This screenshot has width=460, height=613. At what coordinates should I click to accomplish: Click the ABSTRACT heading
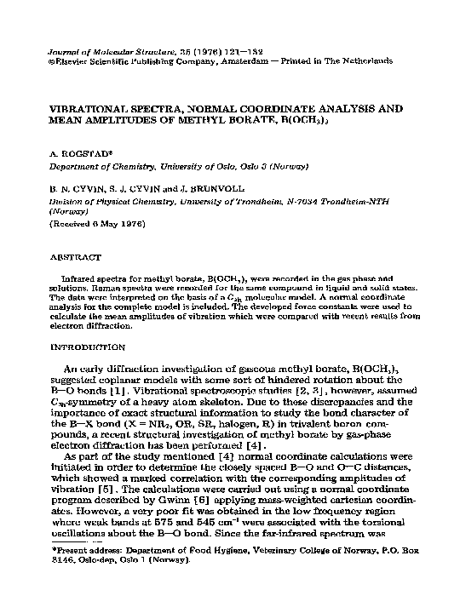tap(77, 256)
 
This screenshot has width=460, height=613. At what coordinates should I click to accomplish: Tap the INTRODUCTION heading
tap(89, 347)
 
